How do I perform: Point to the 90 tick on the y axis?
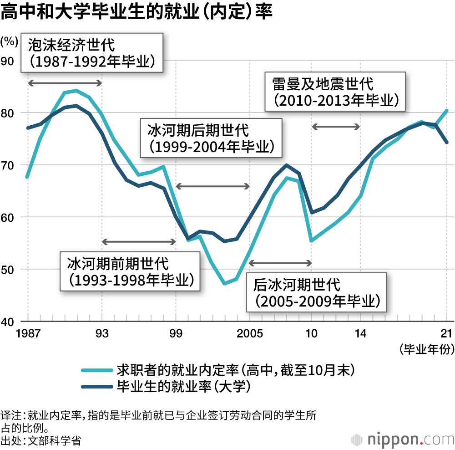[9, 61]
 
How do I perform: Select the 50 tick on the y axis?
[9, 269]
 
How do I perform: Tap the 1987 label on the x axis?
[28, 333]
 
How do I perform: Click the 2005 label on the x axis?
[249, 333]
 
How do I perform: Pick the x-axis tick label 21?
[446, 333]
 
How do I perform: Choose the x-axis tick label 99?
[176, 333]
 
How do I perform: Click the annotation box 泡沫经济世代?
[92, 52]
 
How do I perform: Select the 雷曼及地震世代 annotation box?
[335, 91]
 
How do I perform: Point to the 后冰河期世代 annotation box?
[316, 292]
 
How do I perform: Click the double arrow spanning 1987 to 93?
[65, 83]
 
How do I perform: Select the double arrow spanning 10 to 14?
[336, 126]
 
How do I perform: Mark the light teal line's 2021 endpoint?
[446, 111]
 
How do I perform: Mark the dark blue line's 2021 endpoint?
[446, 142]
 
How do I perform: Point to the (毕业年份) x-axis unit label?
[427, 349]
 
